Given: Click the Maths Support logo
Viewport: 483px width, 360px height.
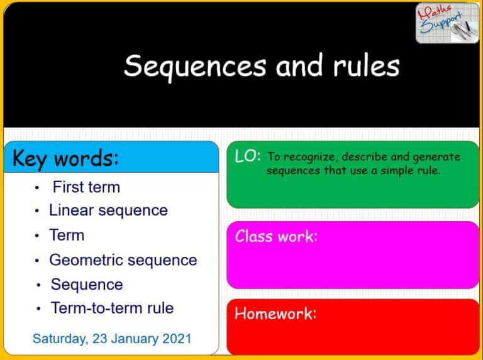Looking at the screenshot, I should [x=447, y=23].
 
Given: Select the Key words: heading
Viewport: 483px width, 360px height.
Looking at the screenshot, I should [x=65, y=158].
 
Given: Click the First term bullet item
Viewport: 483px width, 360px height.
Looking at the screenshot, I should [x=86, y=187].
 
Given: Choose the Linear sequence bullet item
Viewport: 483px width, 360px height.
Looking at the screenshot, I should [x=108, y=210].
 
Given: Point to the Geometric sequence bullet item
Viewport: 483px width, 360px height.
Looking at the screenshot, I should [x=123, y=259].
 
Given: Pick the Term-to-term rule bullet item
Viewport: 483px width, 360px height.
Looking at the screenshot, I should [x=112, y=308].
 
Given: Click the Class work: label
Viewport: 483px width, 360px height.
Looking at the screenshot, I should [x=276, y=236].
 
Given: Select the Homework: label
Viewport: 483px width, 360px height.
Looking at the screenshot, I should [x=275, y=313].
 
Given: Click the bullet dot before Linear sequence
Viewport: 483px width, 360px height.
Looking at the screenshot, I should [x=38, y=211].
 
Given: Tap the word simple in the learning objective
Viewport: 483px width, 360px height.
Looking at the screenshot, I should [x=394, y=170].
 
